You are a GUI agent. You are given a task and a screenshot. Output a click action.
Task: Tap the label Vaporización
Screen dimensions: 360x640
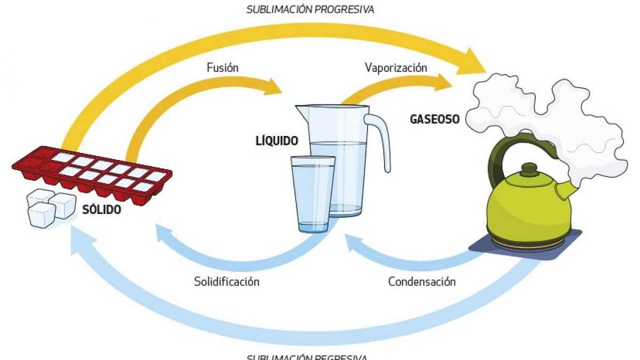click(396, 68)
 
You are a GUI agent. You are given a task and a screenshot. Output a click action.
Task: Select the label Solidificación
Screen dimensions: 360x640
click(227, 281)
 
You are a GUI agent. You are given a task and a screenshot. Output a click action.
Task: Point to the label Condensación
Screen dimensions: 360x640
click(422, 281)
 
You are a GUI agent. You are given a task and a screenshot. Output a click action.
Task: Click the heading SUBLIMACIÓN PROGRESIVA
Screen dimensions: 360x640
click(310, 10)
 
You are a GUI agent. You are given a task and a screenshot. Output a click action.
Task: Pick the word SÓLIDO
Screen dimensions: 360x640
click(102, 210)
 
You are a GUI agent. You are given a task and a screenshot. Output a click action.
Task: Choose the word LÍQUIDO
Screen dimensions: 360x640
click(276, 141)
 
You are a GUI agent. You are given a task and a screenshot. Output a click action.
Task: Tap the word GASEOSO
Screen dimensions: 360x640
click(434, 119)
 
